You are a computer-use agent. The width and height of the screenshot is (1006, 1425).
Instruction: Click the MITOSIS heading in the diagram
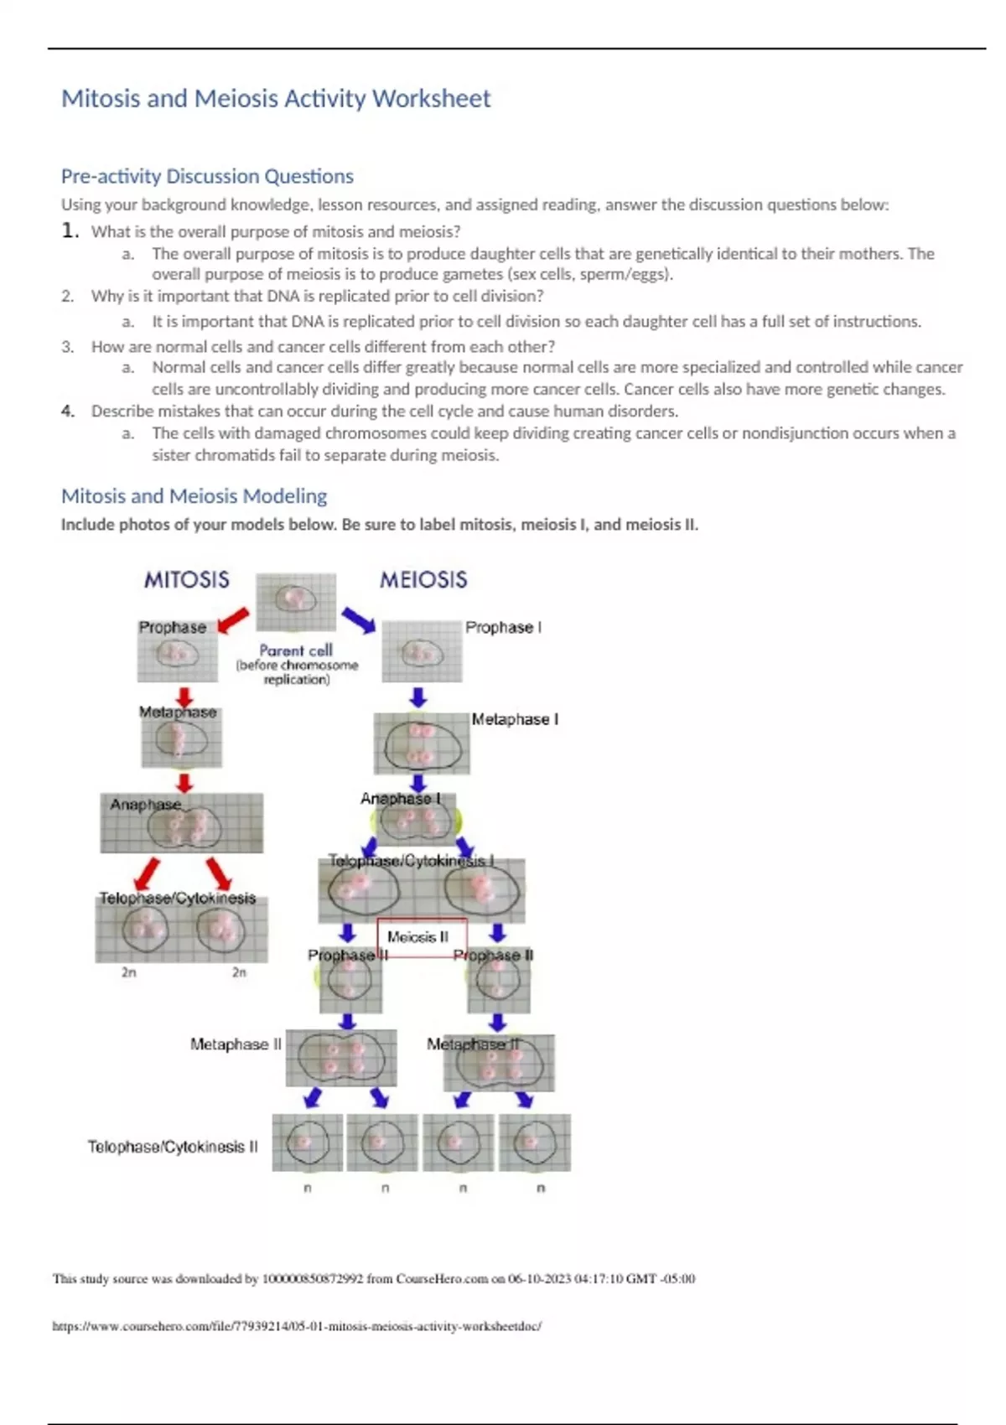[186, 580]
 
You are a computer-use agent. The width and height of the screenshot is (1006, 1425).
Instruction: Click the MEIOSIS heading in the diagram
[423, 580]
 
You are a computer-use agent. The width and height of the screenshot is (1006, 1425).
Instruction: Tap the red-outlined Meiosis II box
[418, 937]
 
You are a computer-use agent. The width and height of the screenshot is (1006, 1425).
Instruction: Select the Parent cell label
[296, 650]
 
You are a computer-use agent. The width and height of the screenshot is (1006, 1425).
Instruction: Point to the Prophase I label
[503, 627]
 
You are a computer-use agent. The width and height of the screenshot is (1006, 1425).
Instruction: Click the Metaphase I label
[515, 719]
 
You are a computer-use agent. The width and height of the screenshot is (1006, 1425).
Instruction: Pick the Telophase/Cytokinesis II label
[173, 1147]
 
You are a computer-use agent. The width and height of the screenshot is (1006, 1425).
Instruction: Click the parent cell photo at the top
[296, 602]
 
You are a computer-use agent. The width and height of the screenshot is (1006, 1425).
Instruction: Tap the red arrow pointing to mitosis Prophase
[232, 621]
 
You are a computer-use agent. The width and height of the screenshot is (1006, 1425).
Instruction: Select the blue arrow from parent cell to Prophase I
[359, 621]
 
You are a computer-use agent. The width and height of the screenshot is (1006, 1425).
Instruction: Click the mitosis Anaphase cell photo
[182, 823]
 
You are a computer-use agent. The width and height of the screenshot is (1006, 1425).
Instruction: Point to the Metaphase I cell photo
[422, 744]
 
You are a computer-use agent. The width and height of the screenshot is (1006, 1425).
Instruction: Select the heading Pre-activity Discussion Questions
[207, 176]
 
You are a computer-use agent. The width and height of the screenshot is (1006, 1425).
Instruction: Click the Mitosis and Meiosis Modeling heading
[194, 496]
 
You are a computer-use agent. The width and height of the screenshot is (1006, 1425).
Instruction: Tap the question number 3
[67, 347]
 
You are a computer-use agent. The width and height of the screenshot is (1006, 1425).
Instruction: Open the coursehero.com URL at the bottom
[297, 1326]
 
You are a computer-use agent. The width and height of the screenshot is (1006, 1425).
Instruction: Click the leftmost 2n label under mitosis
[128, 972]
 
